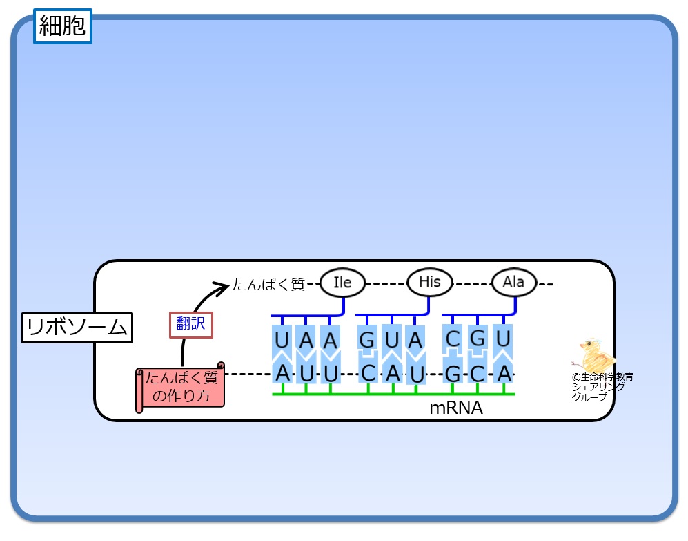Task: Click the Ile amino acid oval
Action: tap(342, 283)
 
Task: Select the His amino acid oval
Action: tap(429, 282)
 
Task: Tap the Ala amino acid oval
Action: tap(513, 282)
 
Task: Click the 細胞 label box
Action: tap(62, 27)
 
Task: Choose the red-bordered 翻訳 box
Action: tap(190, 323)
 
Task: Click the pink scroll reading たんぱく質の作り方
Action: tap(180, 387)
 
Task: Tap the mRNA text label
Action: tap(455, 408)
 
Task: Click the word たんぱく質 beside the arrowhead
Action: tap(268, 284)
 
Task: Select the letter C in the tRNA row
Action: tap(453, 339)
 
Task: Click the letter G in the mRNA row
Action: tap(453, 373)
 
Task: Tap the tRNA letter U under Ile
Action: tap(282, 341)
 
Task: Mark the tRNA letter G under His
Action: tap(368, 340)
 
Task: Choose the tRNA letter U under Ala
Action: tap(504, 339)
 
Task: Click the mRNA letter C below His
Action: tap(368, 373)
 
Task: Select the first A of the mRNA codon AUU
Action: tap(282, 373)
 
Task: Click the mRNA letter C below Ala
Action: tap(478, 373)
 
